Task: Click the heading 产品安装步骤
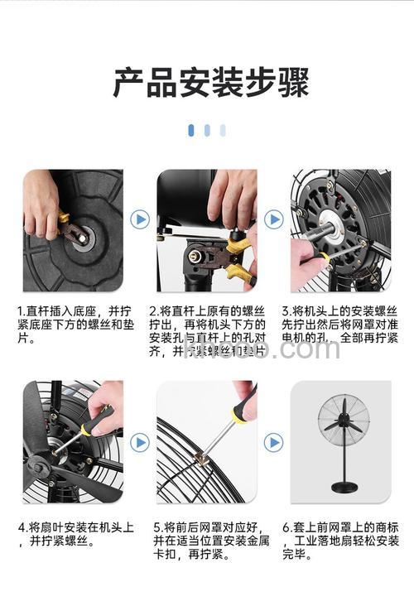[x=210, y=84]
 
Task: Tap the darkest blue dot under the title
[x=191, y=130]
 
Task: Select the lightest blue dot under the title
[x=223, y=130]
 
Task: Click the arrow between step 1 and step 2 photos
[x=140, y=219]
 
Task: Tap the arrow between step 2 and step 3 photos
[x=273, y=219]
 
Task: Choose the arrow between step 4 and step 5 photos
[x=140, y=443]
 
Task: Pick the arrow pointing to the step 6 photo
[x=273, y=443]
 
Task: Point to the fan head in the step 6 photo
[x=340, y=420]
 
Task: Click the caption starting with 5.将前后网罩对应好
[x=207, y=541]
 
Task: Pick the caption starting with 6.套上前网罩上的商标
[x=340, y=541]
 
